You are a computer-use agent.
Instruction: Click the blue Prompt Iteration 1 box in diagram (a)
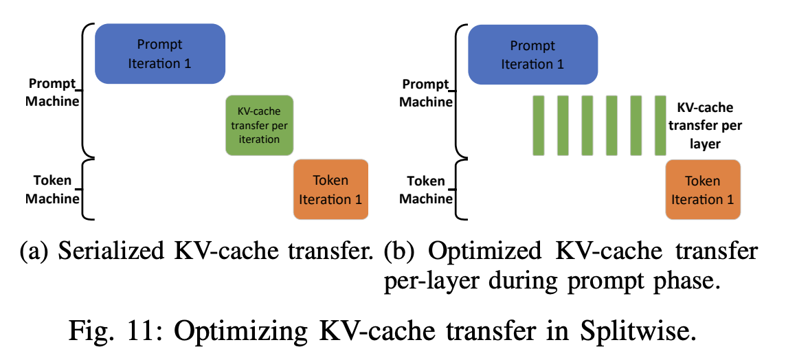[x=159, y=54]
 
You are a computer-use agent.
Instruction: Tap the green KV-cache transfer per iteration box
[x=260, y=124]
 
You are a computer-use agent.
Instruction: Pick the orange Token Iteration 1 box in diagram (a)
[x=330, y=189]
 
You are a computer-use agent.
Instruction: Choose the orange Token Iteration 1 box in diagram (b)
[x=703, y=189]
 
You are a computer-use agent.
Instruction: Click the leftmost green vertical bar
[x=538, y=125]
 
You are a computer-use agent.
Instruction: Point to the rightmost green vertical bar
[x=660, y=125]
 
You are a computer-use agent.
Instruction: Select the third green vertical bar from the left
[x=587, y=125]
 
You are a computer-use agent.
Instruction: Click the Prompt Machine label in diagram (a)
[x=54, y=92]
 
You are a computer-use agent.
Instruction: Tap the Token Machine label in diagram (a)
[x=53, y=190]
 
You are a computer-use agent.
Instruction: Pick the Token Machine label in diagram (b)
[x=426, y=190]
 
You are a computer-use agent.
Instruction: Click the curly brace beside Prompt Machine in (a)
[x=87, y=89]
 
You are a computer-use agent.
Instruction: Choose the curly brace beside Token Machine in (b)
[x=460, y=190]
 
